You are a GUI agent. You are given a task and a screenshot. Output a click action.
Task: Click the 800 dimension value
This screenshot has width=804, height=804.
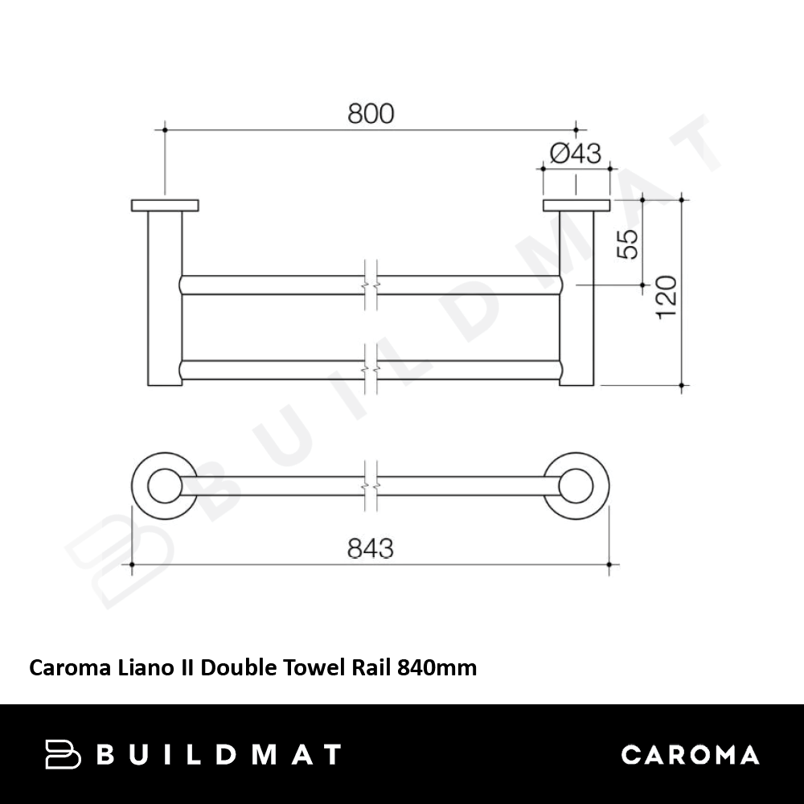pyautogui.click(x=371, y=113)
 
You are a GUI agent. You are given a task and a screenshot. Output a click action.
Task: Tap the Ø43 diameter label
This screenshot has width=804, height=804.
pyautogui.click(x=576, y=153)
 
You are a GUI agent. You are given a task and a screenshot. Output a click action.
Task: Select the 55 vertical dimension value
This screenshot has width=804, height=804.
pyautogui.click(x=628, y=244)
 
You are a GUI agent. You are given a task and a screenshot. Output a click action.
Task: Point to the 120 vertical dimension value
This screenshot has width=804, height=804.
pyautogui.click(x=667, y=297)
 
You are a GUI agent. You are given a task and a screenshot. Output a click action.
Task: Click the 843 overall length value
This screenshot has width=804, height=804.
pyautogui.click(x=370, y=548)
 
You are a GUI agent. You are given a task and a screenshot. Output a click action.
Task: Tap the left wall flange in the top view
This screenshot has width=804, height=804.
pyautogui.click(x=165, y=206)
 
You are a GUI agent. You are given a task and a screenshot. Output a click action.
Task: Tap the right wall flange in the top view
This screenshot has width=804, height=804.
pyautogui.click(x=576, y=206)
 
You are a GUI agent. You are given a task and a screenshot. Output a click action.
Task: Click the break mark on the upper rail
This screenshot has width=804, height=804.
pyautogui.click(x=371, y=285)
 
